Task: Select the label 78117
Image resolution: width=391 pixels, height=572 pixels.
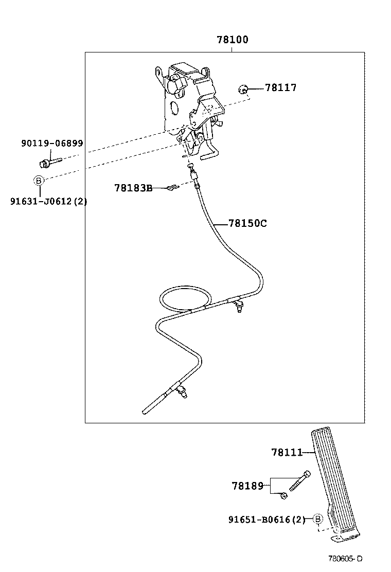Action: coord(280,88)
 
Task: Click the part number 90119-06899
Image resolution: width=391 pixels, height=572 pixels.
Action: coord(52,144)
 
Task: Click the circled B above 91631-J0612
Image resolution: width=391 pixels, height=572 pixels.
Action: coord(38,180)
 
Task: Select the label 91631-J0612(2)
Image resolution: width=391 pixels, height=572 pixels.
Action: coord(48,201)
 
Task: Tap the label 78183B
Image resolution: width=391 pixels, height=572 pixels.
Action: coord(133,188)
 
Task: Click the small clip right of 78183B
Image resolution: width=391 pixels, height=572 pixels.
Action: coord(172,188)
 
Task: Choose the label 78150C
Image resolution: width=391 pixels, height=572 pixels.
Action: coord(247,223)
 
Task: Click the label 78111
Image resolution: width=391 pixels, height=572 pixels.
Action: coord(287,452)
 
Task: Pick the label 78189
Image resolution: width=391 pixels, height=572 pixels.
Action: coord(247,485)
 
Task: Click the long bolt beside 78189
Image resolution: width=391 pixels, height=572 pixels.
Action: coord(299,481)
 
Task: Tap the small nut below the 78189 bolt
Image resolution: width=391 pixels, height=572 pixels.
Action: coord(283,495)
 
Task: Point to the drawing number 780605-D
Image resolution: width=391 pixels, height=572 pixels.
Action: coord(346,559)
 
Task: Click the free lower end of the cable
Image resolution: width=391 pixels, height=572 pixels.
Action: coord(146,411)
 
